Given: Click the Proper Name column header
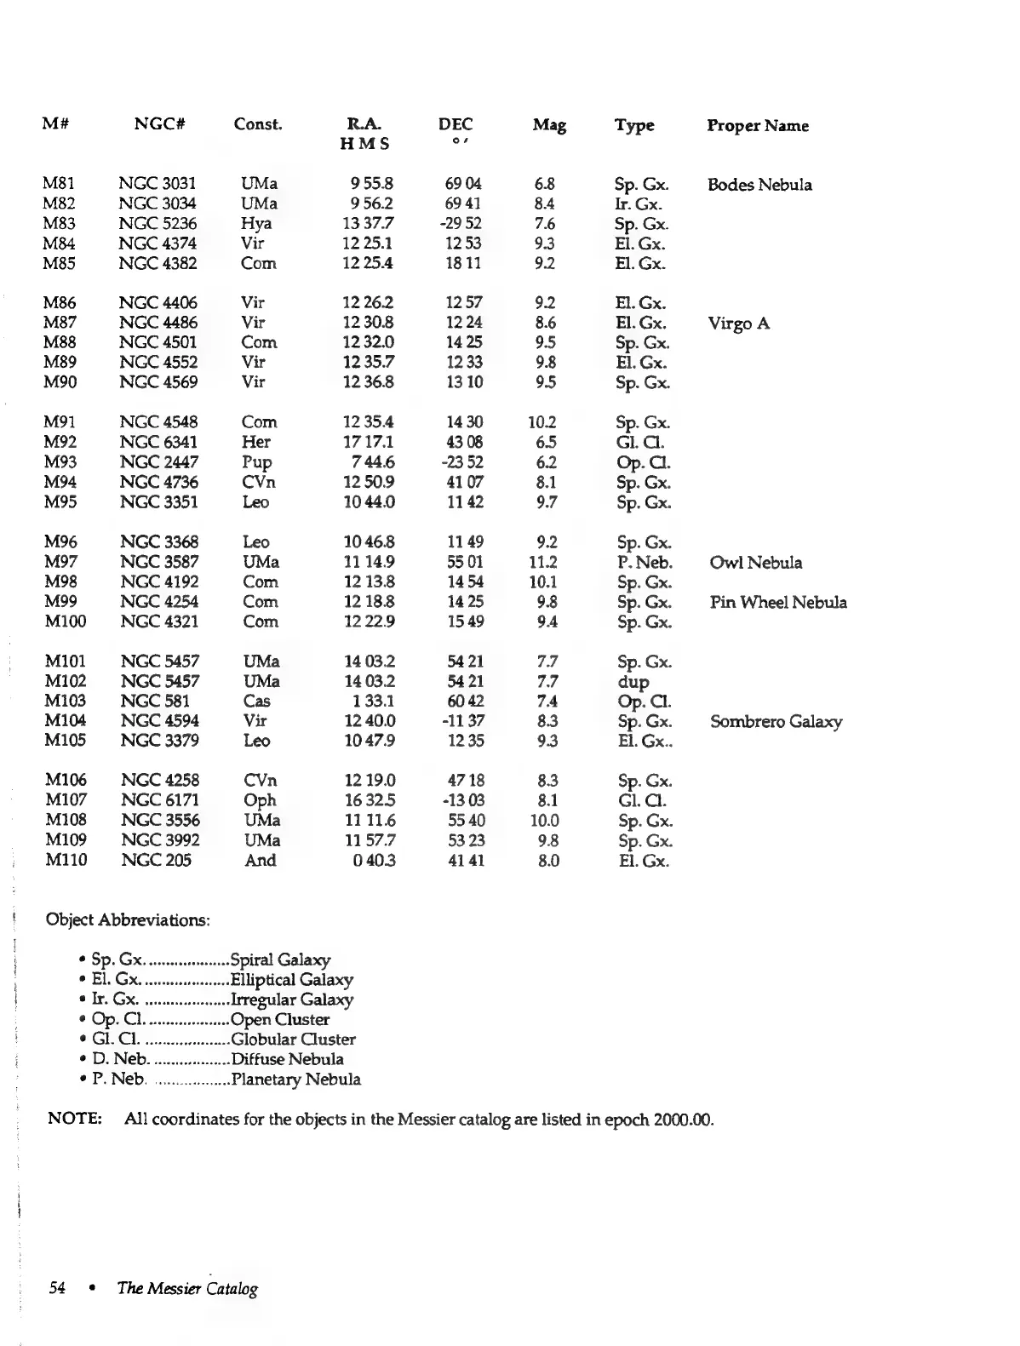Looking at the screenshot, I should (757, 126).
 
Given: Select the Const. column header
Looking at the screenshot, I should (257, 124).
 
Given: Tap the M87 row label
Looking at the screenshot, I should (60, 323).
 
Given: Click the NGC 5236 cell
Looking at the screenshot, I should (158, 224).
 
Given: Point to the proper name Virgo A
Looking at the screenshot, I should (738, 324).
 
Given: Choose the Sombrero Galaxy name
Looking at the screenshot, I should (776, 722).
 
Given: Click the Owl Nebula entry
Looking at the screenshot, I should (755, 563).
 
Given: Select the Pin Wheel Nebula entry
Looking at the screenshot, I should (778, 603).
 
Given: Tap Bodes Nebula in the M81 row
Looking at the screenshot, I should (759, 185).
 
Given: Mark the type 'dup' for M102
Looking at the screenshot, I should (633, 682).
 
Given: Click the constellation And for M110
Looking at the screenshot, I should (260, 861).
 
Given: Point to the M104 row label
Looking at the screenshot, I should (65, 722).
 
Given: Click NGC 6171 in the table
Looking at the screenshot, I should (160, 800).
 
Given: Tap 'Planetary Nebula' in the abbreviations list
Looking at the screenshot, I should (295, 1080).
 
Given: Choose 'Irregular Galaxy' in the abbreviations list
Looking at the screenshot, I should (292, 999).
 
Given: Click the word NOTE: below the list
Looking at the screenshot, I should (75, 1119).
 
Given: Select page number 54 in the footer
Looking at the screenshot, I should (58, 1288).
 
